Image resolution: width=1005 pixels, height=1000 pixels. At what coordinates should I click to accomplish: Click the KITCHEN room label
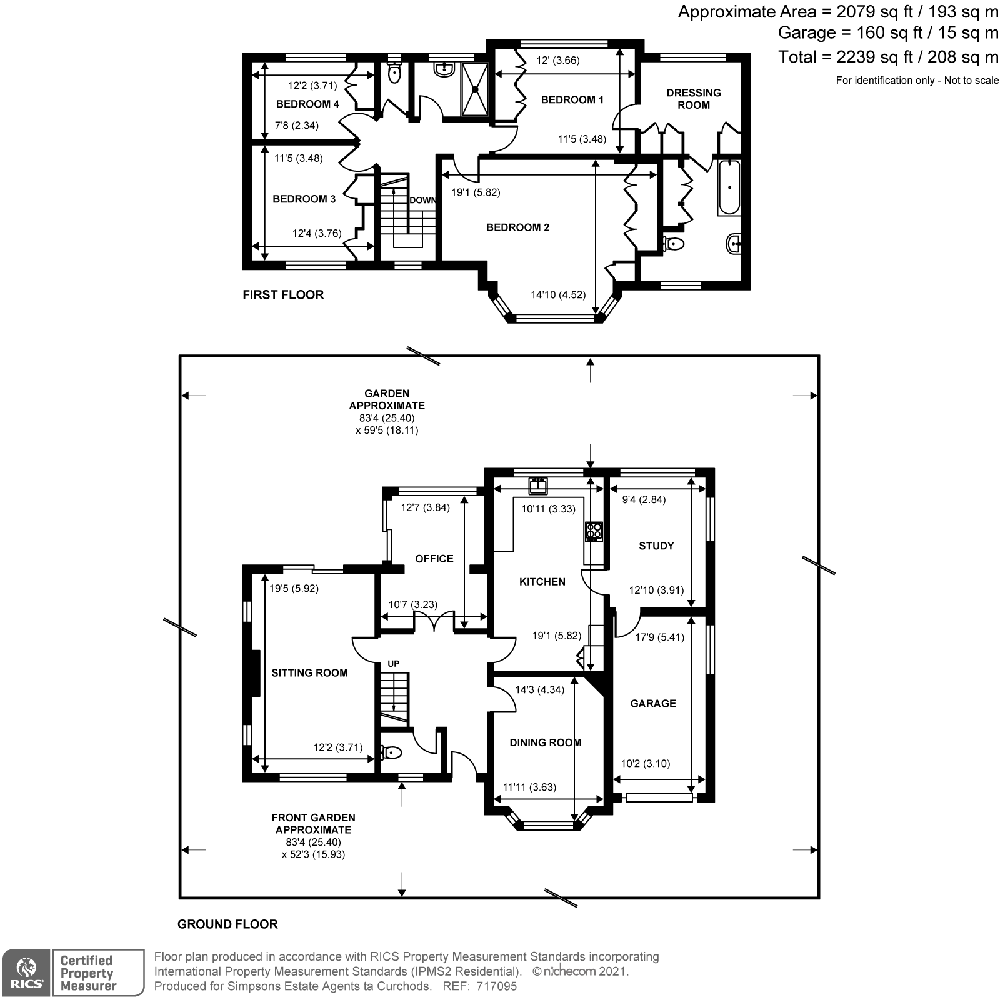(x=542, y=582)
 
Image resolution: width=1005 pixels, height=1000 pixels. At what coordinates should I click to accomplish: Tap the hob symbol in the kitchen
(x=593, y=531)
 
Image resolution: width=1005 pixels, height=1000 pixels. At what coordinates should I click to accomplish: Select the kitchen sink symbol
(x=537, y=486)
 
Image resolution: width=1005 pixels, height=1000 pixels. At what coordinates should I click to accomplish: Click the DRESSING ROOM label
(x=693, y=99)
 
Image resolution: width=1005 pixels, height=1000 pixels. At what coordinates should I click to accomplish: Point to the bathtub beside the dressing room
(x=729, y=187)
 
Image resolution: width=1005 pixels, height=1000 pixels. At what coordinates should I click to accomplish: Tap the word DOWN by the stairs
(x=422, y=200)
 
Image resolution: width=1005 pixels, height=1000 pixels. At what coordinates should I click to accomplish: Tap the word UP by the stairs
(x=393, y=663)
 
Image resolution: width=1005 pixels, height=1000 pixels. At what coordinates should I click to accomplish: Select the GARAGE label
(x=652, y=703)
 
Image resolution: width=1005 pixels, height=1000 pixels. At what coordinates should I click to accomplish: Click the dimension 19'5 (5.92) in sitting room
(x=294, y=588)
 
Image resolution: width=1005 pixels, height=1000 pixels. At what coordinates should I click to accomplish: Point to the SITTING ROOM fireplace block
(x=255, y=673)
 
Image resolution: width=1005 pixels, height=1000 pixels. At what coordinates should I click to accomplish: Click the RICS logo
(x=25, y=972)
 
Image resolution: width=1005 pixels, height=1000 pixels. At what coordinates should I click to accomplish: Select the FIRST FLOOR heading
(x=283, y=295)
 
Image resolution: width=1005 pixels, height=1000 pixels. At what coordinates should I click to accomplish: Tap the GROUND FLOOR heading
(x=227, y=924)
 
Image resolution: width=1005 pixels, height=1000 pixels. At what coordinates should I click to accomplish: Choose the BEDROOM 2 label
(x=517, y=227)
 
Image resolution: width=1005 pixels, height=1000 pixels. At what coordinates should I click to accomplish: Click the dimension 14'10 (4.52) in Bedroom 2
(x=557, y=294)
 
